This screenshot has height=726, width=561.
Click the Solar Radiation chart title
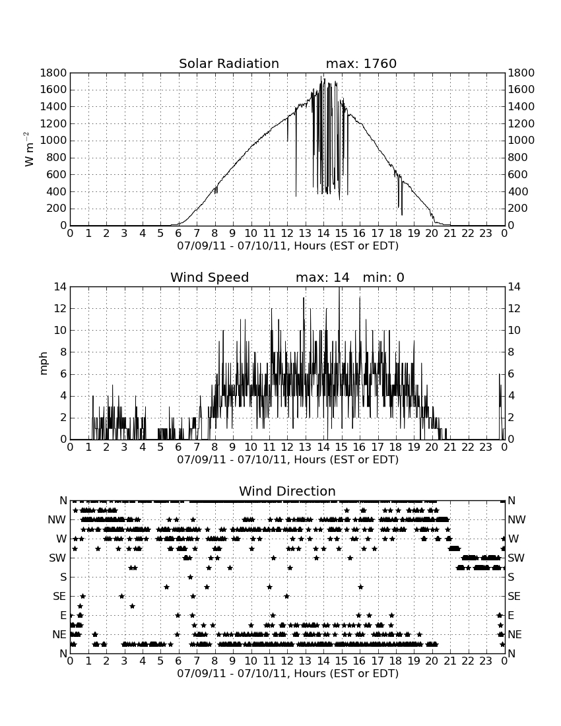click(x=229, y=63)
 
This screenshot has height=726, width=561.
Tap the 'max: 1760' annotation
click(x=361, y=63)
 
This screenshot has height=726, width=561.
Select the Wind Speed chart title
click(x=210, y=277)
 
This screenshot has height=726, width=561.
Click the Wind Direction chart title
click(x=287, y=491)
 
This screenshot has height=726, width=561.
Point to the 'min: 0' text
click(x=383, y=277)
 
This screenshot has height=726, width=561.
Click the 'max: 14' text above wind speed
click(x=323, y=277)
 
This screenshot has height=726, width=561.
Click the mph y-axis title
click(x=44, y=364)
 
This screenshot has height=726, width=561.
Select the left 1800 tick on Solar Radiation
click(x=53, y=73)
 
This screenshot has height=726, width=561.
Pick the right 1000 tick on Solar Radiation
click(x=521, y=141)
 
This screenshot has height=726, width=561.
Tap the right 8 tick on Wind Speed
click(x=511, y=352)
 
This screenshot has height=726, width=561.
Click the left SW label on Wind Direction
click(x=58, y=558)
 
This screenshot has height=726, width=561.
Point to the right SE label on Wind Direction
click(x=514, y=597)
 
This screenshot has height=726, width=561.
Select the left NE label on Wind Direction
click(x=59, y=634)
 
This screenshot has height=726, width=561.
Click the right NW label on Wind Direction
click(x=517, y=520)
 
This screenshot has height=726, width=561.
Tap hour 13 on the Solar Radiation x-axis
click(x=305, y=234)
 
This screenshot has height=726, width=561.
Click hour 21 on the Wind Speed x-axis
click(x=450, y=447)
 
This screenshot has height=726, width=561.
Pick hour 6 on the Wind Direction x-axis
click(x=179, y=661)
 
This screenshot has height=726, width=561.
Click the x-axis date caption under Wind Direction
click(x=288, y=673)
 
